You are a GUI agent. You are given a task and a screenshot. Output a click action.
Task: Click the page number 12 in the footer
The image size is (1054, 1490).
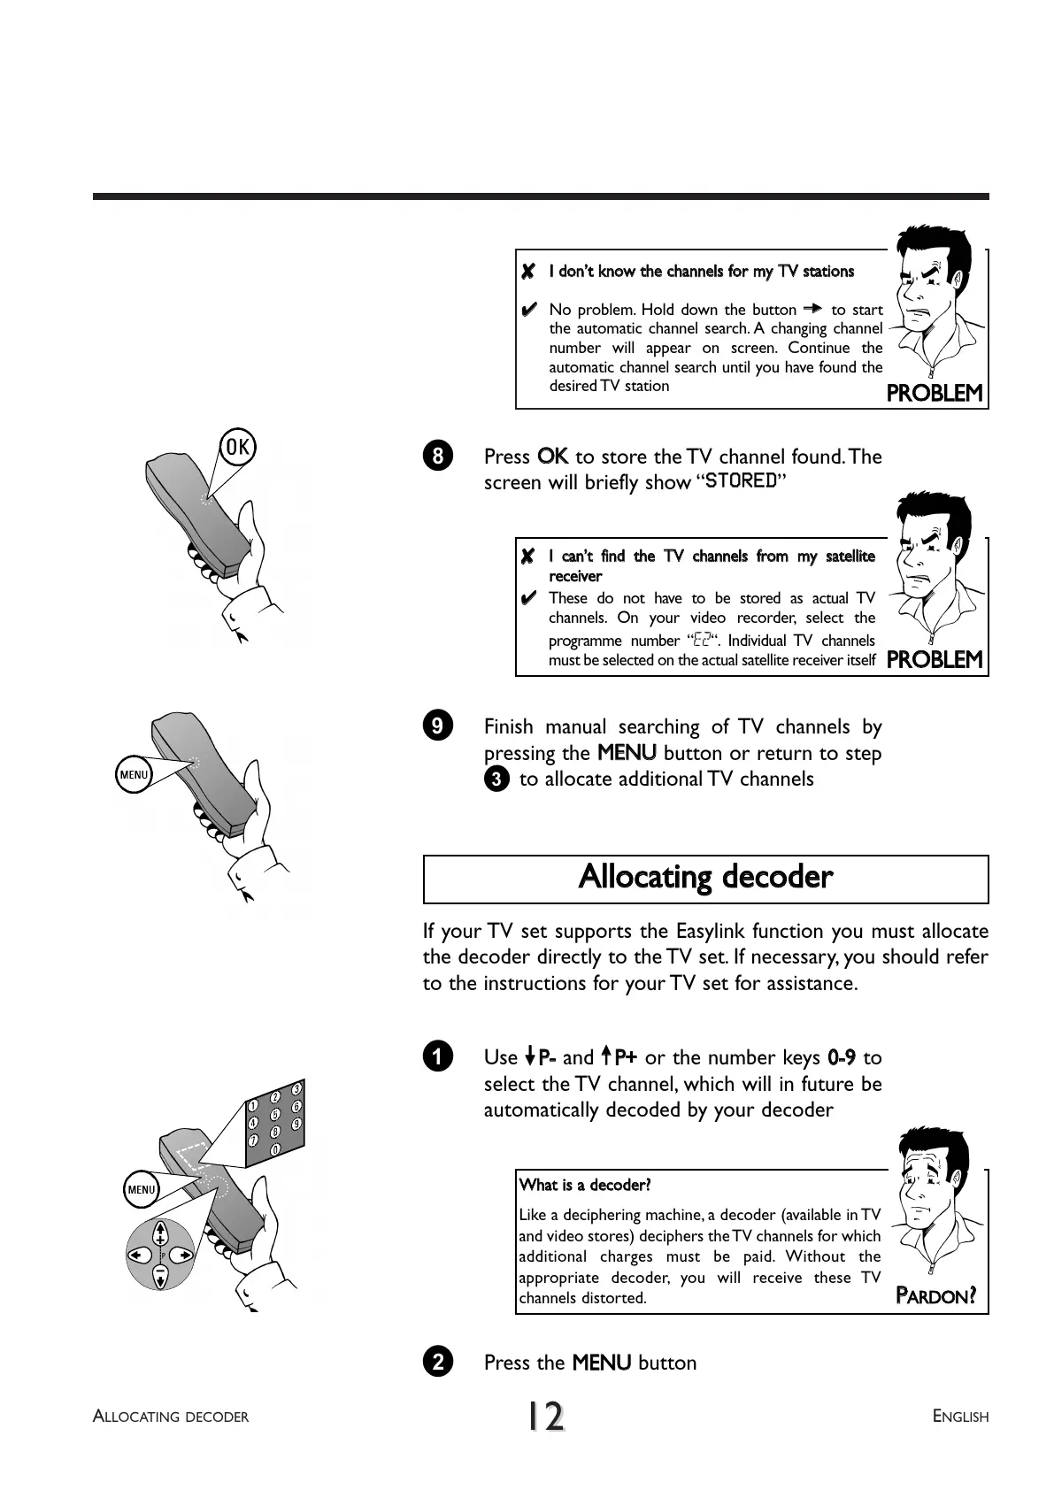(546, 1417)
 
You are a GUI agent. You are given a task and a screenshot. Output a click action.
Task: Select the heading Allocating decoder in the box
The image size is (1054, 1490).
(705, 878)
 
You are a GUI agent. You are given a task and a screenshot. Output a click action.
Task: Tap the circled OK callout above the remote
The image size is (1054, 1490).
(236, 447)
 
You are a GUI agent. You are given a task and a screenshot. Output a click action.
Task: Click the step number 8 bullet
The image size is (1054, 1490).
(438, 457)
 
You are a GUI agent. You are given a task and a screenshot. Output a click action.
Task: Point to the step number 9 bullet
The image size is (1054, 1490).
(438, 726)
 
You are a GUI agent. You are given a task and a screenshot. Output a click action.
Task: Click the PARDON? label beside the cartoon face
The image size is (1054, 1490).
(935, 1297)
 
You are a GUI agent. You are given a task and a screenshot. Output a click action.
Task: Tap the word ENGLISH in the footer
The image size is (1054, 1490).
(960, 1417)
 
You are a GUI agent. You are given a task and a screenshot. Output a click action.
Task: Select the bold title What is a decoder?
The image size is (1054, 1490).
(585, 1185)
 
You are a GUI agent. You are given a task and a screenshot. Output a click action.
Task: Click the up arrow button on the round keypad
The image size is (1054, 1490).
(160, 1233)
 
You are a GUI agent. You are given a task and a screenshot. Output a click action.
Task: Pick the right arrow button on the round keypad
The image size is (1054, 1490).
(183, 1255)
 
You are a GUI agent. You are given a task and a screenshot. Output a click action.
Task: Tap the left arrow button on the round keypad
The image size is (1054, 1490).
(137, 1255)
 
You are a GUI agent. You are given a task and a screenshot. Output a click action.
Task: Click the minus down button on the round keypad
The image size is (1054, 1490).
(160, 1276)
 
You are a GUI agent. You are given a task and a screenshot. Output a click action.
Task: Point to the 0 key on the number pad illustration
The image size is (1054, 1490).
(275, 1149)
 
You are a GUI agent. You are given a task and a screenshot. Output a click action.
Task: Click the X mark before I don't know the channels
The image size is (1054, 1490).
(528, 272)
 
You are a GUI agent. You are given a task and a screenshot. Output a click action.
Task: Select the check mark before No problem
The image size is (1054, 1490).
(528, 310)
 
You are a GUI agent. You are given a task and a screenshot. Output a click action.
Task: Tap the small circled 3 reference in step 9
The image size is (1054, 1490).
(497, 780)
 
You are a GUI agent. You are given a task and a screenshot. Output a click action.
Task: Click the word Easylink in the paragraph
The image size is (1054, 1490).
(711, 932)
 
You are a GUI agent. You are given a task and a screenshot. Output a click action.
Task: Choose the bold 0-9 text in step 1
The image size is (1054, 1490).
(841, 1057)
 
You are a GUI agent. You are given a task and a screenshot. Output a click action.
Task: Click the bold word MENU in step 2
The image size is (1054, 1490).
(602, 1363)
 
